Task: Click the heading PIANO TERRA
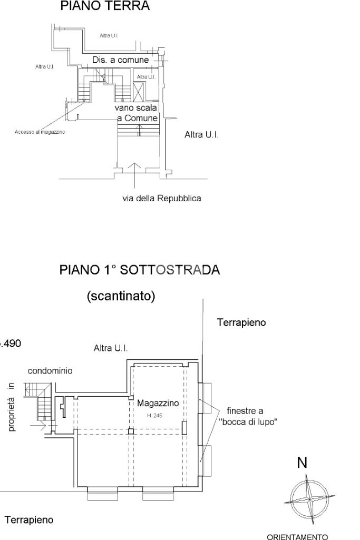point(105,6)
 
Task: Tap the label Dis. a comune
point(120,60)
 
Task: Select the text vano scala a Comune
point(137,113)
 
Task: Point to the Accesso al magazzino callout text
point(40,132)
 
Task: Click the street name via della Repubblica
point(161,199)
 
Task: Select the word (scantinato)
point(121,297)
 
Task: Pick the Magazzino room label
point(158,403)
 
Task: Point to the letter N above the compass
point(302,463)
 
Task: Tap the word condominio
point(50,370)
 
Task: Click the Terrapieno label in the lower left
point(29,520)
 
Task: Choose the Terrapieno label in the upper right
point(241,322)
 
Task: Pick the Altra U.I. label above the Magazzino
point(111,348)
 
